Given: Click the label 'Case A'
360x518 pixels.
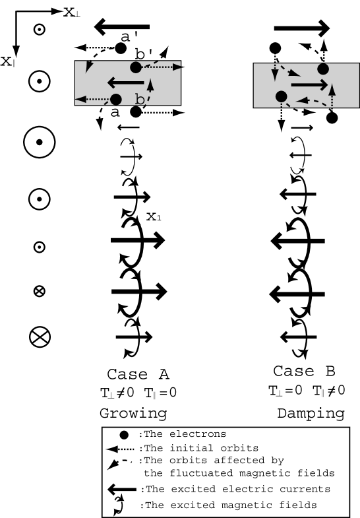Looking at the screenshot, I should pos(138,373).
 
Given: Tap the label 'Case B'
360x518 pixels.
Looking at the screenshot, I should pos(301,371).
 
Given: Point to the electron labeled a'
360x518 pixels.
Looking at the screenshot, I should pos(121,48).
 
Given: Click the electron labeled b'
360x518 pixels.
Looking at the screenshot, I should pos(135,67).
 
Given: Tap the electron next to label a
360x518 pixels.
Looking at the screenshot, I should pos(116,99).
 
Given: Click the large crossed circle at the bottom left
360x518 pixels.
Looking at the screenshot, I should pos(40,337).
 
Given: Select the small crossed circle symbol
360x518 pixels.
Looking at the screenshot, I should pos(39,290).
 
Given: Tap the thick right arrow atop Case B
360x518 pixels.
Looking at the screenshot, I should pos(301,28).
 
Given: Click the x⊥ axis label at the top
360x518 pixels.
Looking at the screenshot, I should pos(72,11).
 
